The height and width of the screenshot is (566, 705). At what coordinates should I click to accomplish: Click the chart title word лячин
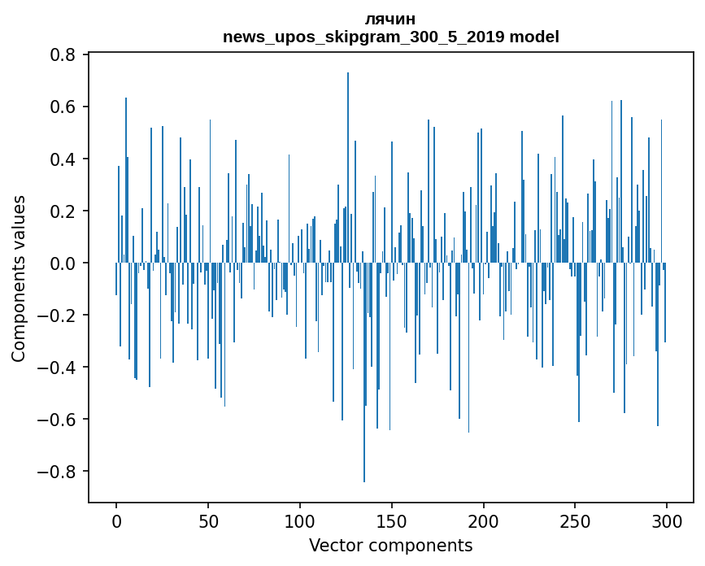[391, 20]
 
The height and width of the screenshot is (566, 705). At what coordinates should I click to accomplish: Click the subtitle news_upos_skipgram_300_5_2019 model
[391, 37]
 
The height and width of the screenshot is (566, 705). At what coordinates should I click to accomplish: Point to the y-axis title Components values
[19, 278]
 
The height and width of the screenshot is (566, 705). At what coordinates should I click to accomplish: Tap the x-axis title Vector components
[390, 545]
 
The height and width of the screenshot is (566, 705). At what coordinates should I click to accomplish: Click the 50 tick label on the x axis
[208, 521]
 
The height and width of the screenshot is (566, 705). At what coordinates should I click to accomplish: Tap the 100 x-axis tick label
[300, 521]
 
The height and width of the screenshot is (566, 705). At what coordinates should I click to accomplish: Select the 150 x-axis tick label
[392, 521]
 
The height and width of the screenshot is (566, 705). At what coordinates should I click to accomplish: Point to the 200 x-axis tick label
[484, 521]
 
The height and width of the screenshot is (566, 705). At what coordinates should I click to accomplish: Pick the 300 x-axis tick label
[667, 521]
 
